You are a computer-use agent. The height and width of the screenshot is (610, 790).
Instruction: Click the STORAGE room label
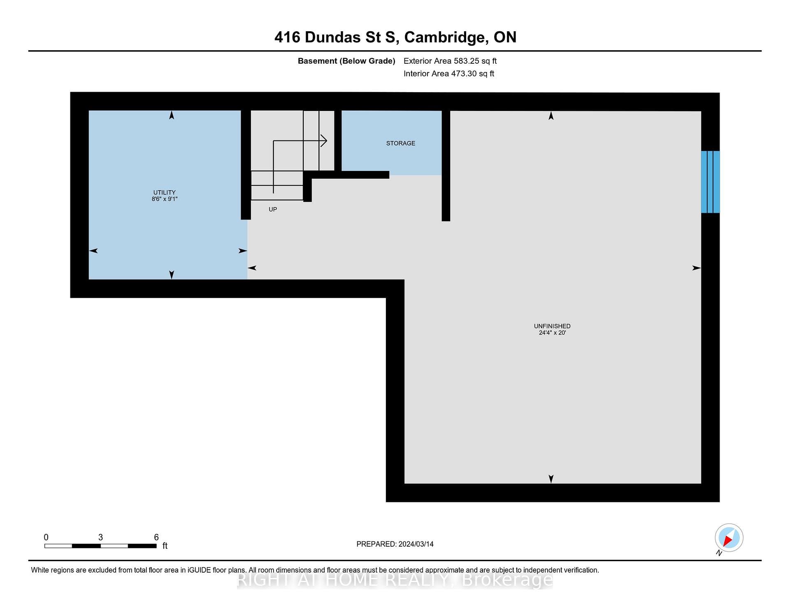pos(400,143)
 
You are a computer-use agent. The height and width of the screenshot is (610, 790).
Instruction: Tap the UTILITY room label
pos(164,192)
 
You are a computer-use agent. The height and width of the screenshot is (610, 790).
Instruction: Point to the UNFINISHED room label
pos(552,326)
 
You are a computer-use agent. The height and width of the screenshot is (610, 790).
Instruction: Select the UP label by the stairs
pos(273,209)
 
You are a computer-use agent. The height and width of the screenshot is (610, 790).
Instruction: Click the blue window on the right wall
pos(710,182)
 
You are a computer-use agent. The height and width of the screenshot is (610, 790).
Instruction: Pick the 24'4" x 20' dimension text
pos(552,333)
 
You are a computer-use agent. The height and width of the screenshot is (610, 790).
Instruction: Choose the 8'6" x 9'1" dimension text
pos(164,199)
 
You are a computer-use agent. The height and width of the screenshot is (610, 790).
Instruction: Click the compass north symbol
pos(729,538)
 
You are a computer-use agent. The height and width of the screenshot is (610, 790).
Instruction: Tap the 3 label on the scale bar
pos(100,537)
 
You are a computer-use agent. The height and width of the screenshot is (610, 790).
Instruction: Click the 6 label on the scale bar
pos(156,537)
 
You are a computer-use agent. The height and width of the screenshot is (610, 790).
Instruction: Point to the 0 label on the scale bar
pos(46,537)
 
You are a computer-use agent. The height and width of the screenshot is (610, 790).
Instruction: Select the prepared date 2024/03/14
pos(416,544)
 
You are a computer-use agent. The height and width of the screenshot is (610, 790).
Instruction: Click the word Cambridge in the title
pos(446,37)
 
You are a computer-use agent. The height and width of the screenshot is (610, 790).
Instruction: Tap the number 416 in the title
pos(288,37)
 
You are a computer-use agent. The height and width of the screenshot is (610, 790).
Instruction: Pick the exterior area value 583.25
pos(467,61)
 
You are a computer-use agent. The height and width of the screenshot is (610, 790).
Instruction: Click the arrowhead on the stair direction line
pos(324,141)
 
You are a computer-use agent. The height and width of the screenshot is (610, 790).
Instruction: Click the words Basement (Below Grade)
pos(346,61)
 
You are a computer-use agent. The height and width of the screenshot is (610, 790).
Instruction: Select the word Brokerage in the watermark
pos(507,580)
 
